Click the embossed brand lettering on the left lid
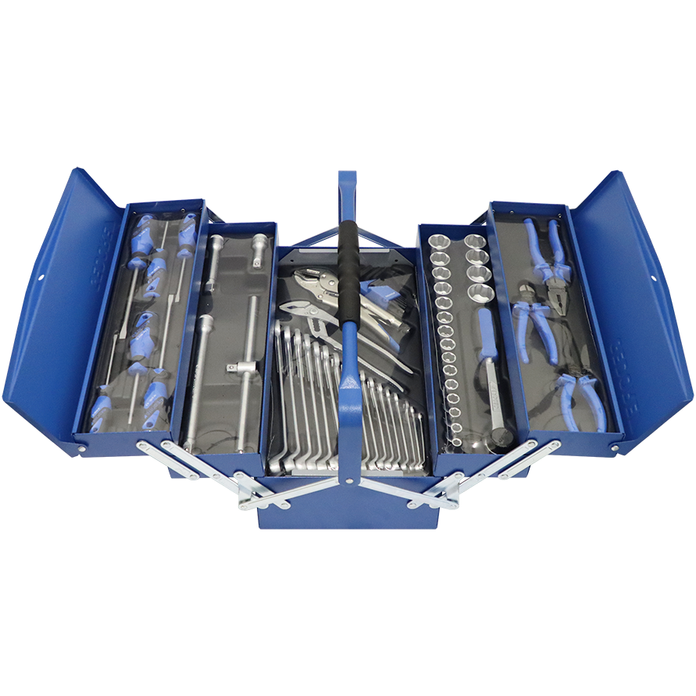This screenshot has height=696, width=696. [109, 234]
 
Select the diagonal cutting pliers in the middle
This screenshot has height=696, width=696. [533, 328]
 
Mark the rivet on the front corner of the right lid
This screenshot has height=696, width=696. [616, 448]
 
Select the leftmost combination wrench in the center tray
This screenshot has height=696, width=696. [279, 391]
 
